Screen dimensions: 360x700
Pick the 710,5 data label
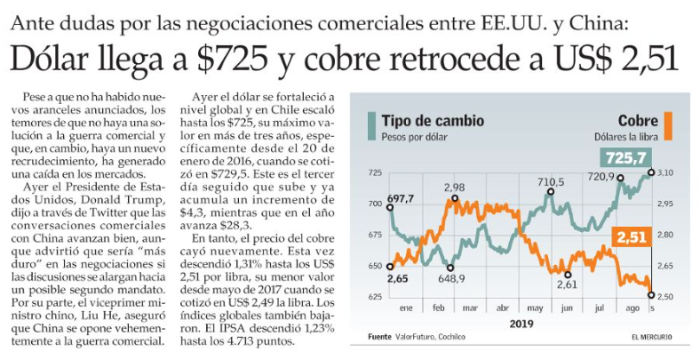click(x=550, y=182)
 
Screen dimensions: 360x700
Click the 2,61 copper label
click(x=568, y=284)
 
